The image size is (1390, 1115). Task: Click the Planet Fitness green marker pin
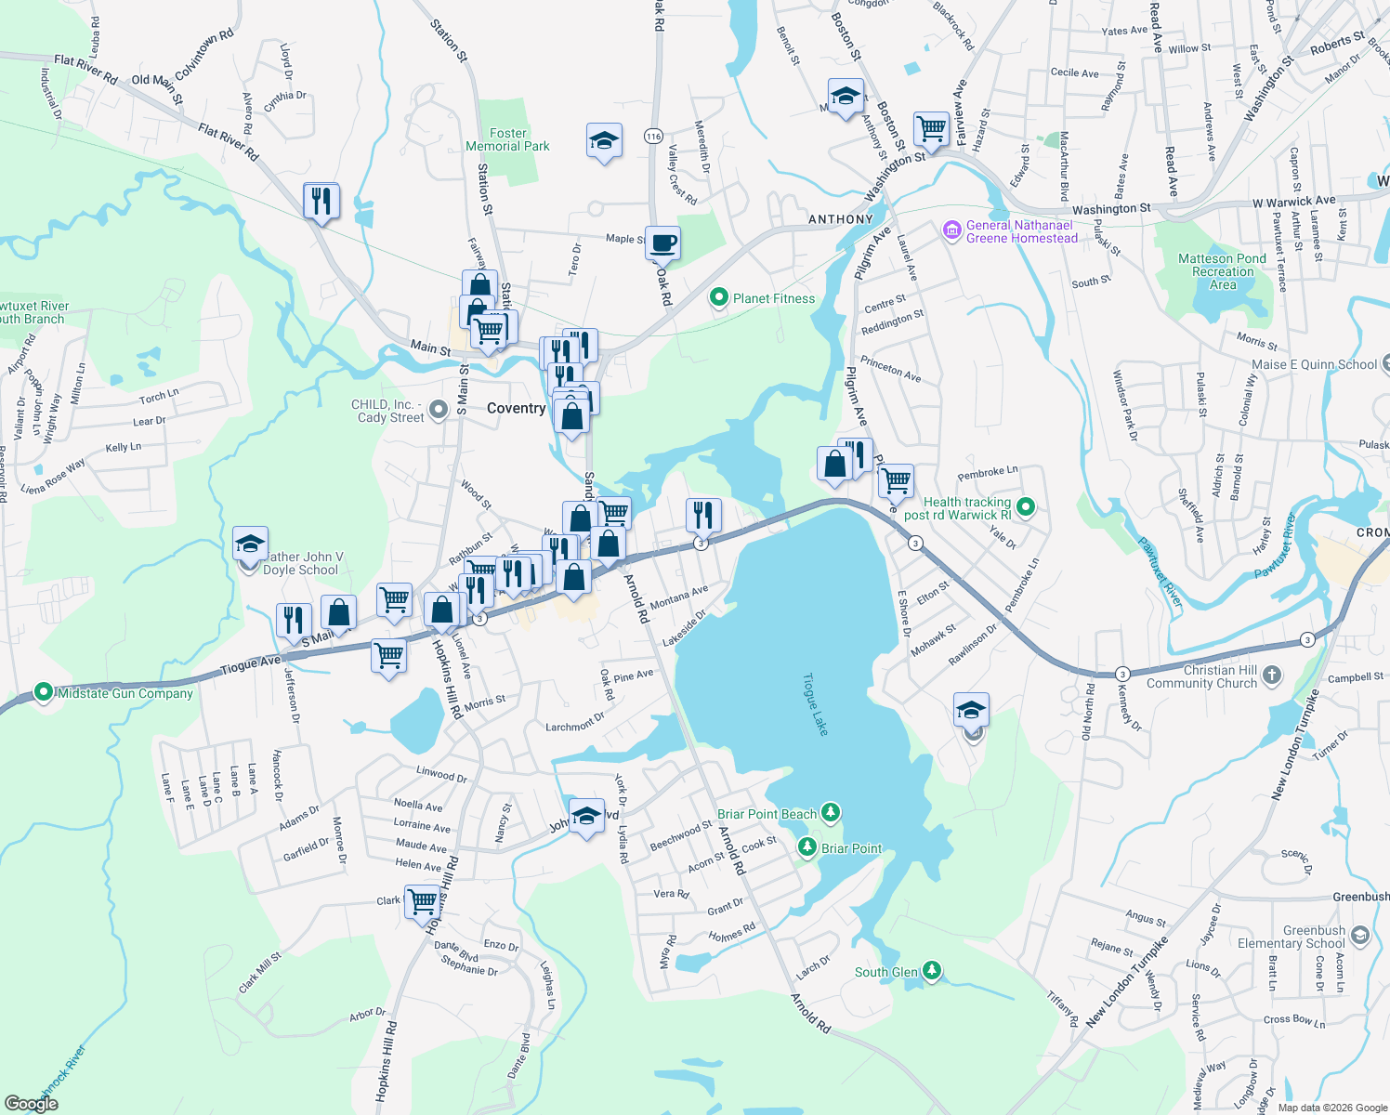click(x=718, y=298)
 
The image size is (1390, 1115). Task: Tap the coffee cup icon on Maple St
click(x=662, y=244)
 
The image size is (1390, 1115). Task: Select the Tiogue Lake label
click(x=815, y=705)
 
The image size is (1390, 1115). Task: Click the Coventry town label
click(x=516, y=409)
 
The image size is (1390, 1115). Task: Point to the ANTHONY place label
click(x=840, y=220)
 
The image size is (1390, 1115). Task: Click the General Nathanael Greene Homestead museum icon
click(x=951, y=230)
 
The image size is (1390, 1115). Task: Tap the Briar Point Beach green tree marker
click(x=831, y=813)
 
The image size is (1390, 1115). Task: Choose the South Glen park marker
click(x=931, y=971)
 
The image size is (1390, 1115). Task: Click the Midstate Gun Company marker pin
click(x=43, y=692)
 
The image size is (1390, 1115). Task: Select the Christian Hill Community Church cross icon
click(x=1272, y=676)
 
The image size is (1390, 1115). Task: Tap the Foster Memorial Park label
click(x=507, y=140)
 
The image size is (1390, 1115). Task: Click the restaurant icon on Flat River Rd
click(x=321, y=201)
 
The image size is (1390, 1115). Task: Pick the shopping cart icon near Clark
click(x=423, y=901)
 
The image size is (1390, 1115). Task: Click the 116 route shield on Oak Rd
click(x=653, y=137)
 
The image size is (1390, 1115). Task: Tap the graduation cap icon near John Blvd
click(x=586, y=817)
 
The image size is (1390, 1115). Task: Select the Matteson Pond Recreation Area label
click(x=1222, y=271)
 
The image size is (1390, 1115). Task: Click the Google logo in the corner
click(x=31, y=1104)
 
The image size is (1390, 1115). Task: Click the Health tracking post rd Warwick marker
click(x=1026, y=507)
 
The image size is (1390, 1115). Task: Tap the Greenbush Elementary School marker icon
click(x=1360, y=934)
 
